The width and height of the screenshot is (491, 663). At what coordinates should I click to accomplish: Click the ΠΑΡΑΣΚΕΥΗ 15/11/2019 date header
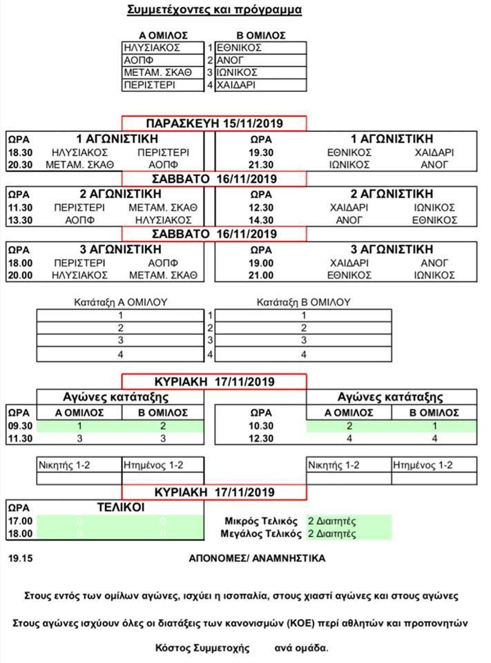214,124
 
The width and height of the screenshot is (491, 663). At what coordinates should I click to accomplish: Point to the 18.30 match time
19,152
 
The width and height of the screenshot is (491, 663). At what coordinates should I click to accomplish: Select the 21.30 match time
260,164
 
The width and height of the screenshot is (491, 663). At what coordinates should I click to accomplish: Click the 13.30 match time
19,220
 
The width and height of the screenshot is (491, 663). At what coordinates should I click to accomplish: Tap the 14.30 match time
260,220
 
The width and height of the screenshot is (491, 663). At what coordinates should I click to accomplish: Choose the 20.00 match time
19,275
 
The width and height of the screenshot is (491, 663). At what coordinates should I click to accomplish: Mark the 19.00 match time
260,262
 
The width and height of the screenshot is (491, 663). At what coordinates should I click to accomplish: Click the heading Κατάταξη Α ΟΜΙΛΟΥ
121,302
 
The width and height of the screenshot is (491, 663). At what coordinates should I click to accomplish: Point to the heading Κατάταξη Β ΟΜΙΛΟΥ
303,302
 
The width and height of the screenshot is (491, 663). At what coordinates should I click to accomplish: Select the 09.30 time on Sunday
19,426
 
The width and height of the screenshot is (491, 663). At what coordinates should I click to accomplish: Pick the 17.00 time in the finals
19,521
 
